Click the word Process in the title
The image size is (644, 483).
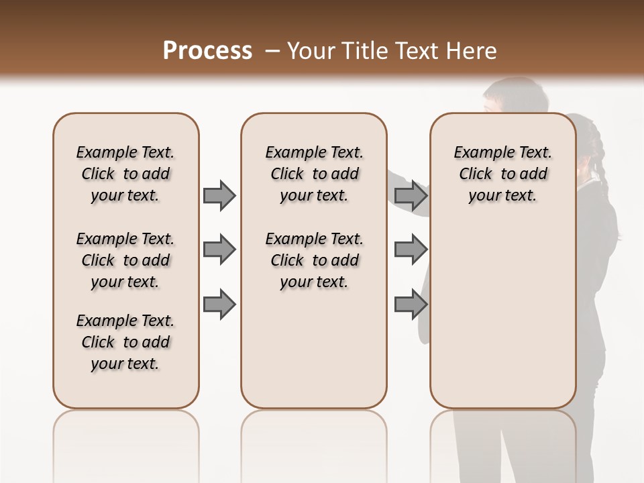207,51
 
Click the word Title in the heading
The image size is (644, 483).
365,51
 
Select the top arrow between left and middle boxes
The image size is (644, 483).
219,195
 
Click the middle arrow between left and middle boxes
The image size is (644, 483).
219,250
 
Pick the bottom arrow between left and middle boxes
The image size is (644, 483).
219,304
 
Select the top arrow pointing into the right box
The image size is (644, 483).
411,195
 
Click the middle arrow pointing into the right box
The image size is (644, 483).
411,250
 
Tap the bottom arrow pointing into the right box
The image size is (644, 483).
411,304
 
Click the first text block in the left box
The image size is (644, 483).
125,174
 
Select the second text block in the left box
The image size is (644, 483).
125,260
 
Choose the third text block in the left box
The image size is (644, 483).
125,342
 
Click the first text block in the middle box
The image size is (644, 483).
314,174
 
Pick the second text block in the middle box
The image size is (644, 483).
314,260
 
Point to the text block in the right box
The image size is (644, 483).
502,174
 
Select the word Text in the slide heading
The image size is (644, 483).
416,51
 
